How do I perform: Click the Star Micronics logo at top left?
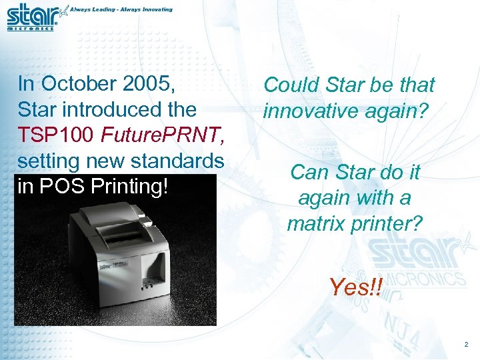click(32, 17)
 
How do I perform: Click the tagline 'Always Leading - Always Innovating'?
click(122, 10)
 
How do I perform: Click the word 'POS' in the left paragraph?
click(70, 186)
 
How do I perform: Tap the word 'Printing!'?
click(133, 187)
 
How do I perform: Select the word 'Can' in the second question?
click(307, 173)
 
